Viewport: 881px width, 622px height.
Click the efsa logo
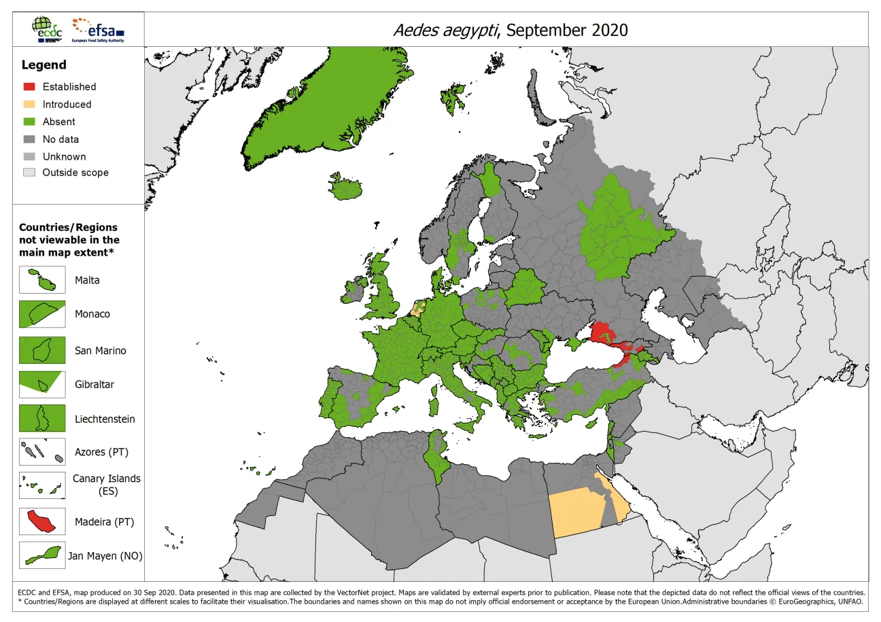tap(98, 30)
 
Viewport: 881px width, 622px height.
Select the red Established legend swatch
tap(29, 86)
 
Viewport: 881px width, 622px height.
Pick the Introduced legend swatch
tap(29, 104)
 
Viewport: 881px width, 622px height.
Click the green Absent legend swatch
tap(29, 122)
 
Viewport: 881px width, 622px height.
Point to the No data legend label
tap(61, 139)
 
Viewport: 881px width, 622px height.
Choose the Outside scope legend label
tap(75, 173)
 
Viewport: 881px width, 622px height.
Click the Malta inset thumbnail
tap(42, 280)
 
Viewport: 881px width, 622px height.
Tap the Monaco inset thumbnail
tap(42, 314)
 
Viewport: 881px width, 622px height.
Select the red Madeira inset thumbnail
tap(42, 522)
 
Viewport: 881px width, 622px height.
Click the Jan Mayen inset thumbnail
tap(42, 555)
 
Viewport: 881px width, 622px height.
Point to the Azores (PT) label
tap(101, 452)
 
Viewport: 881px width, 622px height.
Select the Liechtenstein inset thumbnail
tap(42, 419)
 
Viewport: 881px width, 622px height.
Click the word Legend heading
tap(44, 65)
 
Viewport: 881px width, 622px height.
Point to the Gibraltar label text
tap(94, 385)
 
